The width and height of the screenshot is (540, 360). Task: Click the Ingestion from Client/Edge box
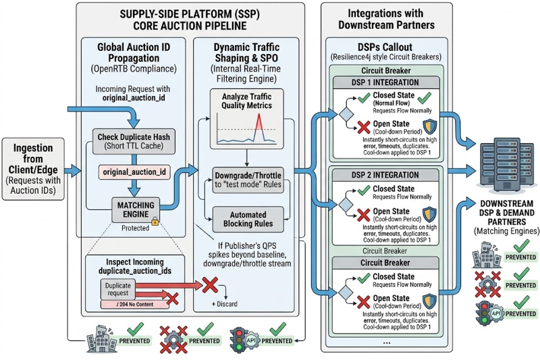[x=33, y=169]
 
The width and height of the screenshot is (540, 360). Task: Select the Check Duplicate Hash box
[x=134, y=141]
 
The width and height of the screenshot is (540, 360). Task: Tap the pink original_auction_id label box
[x=134, y=172]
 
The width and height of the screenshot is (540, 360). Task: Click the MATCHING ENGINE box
[x=136, y=210]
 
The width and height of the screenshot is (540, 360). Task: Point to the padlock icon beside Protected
[x=155, y=221]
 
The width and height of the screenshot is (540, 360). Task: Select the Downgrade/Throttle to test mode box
[x=248, y=180]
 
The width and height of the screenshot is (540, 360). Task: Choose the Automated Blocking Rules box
[x=248, y=219]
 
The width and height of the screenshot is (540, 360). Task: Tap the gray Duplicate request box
[x=117, y=289]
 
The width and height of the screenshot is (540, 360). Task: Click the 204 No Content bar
[x=134, y=304]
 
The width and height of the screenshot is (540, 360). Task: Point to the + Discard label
[x=225, y=304]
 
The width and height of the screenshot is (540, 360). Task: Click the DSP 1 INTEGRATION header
[x=385, y=82]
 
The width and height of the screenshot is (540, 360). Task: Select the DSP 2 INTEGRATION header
[x=385, y=175]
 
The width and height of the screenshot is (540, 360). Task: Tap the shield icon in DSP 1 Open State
[x=429, y=126]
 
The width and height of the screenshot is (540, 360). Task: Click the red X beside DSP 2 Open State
[x=363, y=215]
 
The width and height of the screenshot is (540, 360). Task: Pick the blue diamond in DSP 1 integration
[x=346, y=114]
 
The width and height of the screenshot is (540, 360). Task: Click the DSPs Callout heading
[x=385, y=47]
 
